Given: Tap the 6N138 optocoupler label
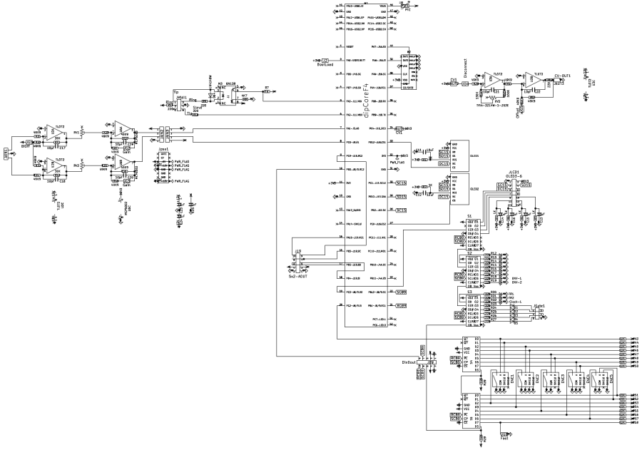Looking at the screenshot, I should point(230,83).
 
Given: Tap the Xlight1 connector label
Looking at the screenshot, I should point(540,306).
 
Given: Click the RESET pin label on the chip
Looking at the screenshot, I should point(350,45).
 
